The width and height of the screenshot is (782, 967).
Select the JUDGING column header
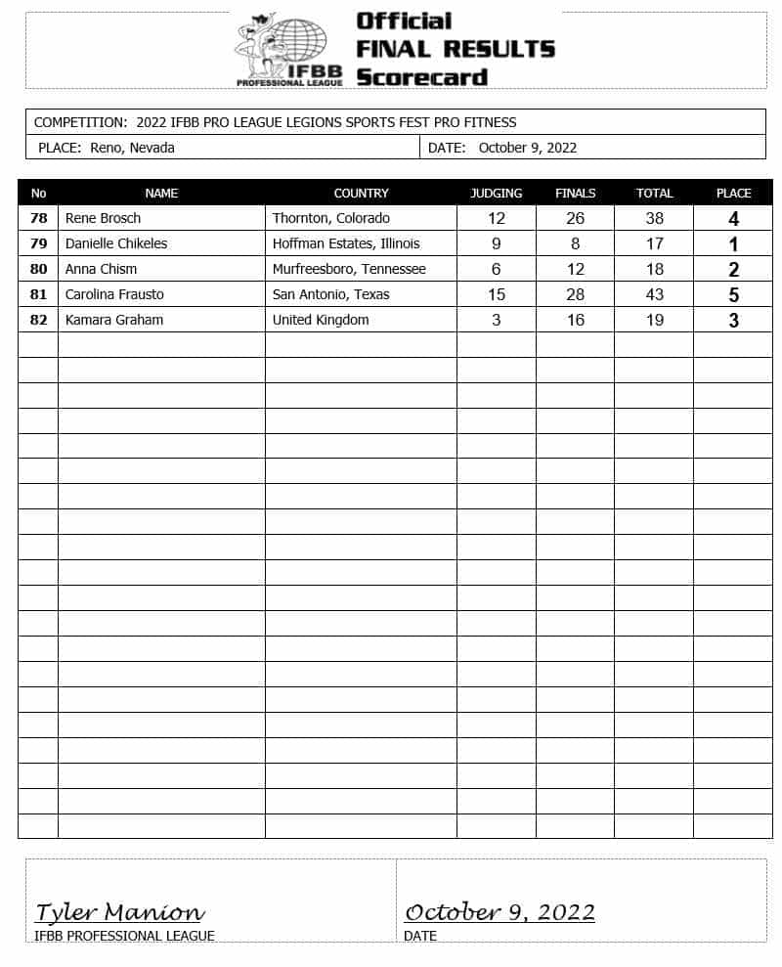(x=496, y=193)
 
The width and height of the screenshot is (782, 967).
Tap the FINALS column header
(x=575, y=193)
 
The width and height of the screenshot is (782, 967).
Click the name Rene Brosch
(x=103, y=218)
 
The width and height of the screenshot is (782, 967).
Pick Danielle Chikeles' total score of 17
(x=654, y=243)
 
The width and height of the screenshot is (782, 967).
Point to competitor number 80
(x=38, y=269)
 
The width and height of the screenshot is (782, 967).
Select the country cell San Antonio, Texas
(x=330, y=294)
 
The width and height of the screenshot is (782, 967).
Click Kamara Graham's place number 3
(x=733, y=321)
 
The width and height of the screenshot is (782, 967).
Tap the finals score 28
(x=575, y=294)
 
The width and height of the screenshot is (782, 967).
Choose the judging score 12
(x=496, y=218)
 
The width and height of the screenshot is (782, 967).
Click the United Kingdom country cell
(x=321, y=320)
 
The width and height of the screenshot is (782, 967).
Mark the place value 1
(x=733, y=244)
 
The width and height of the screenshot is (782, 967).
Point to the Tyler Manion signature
(x=119, y=912)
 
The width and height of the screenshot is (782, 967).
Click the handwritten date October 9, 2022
(x=500, y=912)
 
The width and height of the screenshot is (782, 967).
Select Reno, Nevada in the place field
(x=132, y=148)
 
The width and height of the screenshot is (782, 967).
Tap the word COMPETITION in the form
(x=78, y=122)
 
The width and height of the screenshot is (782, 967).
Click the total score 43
(x=654, y=294)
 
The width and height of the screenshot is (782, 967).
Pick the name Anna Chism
(x=101, y=269)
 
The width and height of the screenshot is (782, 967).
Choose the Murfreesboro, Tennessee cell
(x=349, y=269)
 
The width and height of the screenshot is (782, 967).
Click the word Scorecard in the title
(x=421, y=76)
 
